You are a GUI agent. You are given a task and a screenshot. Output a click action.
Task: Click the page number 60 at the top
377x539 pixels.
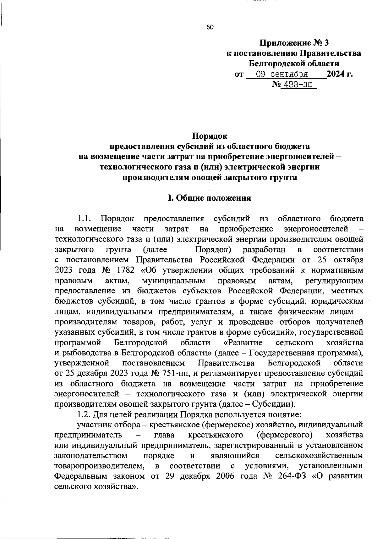pyautogui.click(x=210, y=27)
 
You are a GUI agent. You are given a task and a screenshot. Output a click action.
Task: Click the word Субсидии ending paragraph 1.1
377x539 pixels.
pyautogui.click(x=274, y=404)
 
